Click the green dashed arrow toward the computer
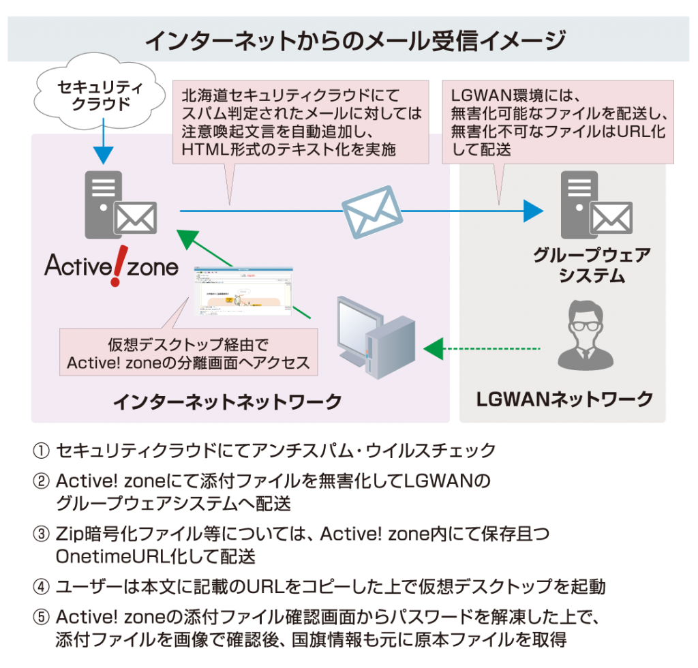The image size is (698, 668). pos(481,350)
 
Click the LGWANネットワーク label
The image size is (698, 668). pos(563,399)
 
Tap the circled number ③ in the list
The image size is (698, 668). pos(41,534)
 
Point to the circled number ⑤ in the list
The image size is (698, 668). pos(41,618)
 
